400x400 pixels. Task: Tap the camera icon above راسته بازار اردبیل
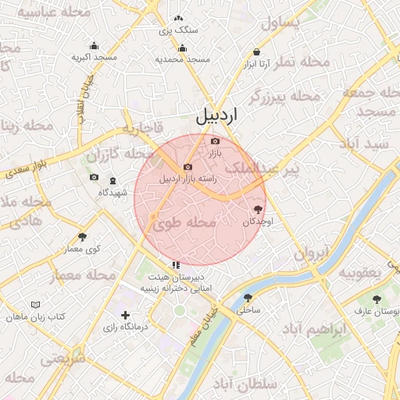pyautogui.click(x=187, y=167)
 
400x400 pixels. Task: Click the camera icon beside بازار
pyautogui.click(x=216, y=141)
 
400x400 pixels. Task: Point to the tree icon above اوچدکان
pyautogui.click(x=258, y=209)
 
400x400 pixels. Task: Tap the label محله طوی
pyautogui.click(x=184, y=223)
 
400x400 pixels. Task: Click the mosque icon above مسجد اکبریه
pyautogui.click(x=95, y=45)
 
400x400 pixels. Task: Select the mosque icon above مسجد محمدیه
pyautogui.click(x=183, y=48)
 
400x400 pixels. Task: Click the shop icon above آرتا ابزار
pyautogui.click(x=256, y=52)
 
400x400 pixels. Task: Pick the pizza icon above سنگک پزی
pyautogui.click(x=179, y=18)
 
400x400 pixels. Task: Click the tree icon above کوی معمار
pyautogui.click(x=83, y=237)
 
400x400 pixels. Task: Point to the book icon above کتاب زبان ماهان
pyautogui.click(x=34, y=305)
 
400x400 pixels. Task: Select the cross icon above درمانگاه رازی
pyautogui.click(x=125, y=315)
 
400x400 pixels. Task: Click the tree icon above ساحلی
pyautogui.click(x=248, y=298)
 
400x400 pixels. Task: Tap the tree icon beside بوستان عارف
pyautogui.click(x=377, y=299)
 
